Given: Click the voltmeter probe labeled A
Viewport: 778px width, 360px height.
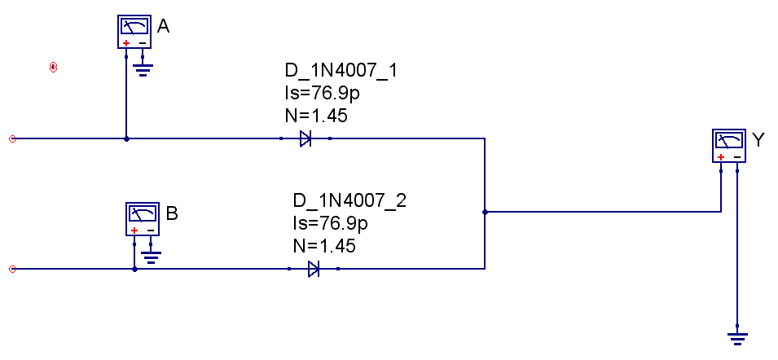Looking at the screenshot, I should pyautogui.click(x=134, y=32).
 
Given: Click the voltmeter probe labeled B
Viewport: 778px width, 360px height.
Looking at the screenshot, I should pyautogui.click(x=143, y=219).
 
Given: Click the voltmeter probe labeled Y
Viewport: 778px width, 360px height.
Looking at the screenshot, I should pyautogui.click(x=729, y=146).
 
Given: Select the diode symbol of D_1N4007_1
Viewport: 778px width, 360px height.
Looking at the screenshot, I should pyautogui.click(x=305, y=139).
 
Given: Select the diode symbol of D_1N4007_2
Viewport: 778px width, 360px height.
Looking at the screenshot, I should pyautogui.click(x=314, y=269).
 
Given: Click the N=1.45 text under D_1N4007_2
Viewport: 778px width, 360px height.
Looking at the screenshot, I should pyautogui.click(x=323, y=245).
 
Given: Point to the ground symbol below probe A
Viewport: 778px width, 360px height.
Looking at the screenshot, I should pyautogui.click(x=143, y=70).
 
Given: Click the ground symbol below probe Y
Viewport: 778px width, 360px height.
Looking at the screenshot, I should pyautogui.click(x=737, y=336).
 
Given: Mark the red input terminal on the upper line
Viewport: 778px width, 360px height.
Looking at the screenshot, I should pyautogui.click(x=12, y=139).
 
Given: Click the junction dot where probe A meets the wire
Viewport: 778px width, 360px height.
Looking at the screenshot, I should pyautogui.click(x=126, y=139).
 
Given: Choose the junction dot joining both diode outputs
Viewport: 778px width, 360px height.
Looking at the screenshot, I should pyautogui.click(x=485, y=212).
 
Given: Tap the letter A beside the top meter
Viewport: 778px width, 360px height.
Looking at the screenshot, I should pyautogui.click(x=163, y=27).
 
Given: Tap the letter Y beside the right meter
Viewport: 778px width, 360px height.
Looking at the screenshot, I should pyautogui.click(x=758, y=140).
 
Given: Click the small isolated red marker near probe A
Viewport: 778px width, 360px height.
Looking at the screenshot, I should pyautogui.click(x=53, y=67).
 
